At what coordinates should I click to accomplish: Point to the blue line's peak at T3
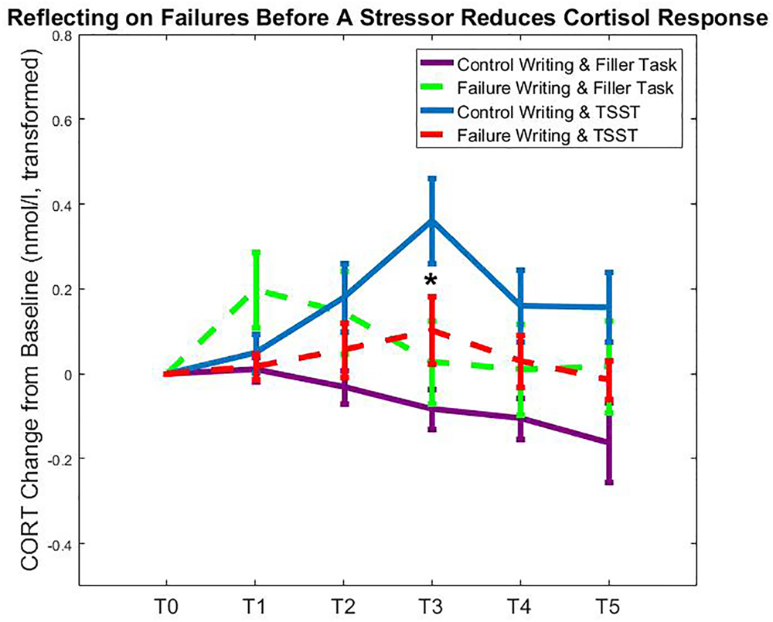click(432, 220)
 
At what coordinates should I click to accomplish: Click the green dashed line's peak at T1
click(256, 291)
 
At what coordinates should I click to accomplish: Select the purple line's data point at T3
click(432, 409)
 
